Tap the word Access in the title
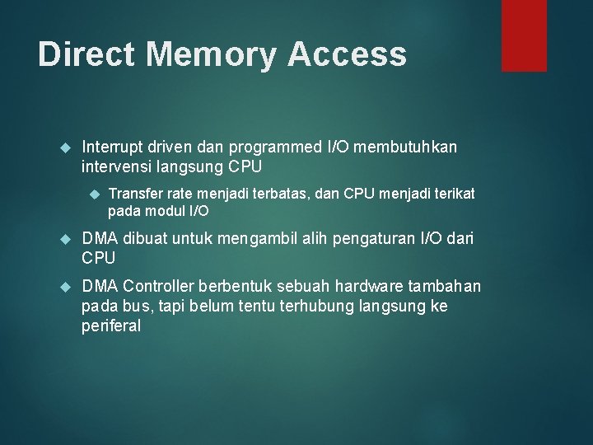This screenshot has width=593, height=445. [x=348, y=54]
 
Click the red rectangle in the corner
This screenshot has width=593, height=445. [x=524, y=35]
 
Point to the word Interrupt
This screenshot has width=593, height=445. [x=111, y=147]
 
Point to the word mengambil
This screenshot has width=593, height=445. [x=261, y=240]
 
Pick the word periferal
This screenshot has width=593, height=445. [x=111, y=326]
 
